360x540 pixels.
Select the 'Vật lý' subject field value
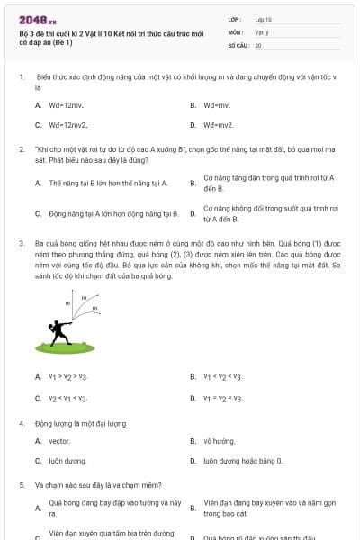tap(263, 31)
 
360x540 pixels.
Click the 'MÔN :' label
tap(235, 31)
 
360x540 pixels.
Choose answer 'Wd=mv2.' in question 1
tap(219, 125)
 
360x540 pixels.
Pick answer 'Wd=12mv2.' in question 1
tap(67, 125)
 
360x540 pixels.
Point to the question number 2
tap(21, 146)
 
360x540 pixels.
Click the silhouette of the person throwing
tap(60, 334)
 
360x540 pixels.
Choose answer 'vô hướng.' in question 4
tap(219, 441)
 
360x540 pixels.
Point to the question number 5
tap(21, 484)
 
